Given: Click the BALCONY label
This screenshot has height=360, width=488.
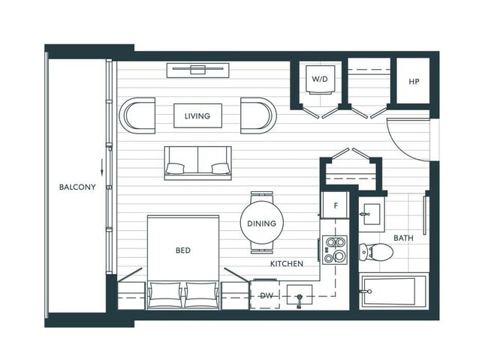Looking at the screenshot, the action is pyautogui.click(x=77, y=187).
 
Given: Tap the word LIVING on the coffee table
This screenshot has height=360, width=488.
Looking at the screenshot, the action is pyautogui.click(x=197, y=116).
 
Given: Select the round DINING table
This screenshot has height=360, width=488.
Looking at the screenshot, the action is pyautogui.click(x=262, y=223).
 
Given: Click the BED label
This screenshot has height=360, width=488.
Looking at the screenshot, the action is pyautogui.click(x=183, y=250).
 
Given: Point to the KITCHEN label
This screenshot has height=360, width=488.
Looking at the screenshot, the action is pyautogui.click(x=287, y=264).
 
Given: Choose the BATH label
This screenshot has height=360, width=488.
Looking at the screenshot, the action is pyautogui.click(x=404, y=238).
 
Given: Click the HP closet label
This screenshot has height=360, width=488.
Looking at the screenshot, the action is pyautogui.click(x=414, y=82).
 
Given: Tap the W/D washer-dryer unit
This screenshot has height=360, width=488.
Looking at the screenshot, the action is pyautogui.click(x=321, y=79).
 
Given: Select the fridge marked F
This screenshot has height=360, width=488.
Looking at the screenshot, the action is pyautogui.click(x=336, y=205).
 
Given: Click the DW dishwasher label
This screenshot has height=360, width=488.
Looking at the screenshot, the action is pyautogui.click(x=267, y=295).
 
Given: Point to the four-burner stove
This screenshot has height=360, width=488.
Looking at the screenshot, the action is pyautogui.click(x=335, y=250).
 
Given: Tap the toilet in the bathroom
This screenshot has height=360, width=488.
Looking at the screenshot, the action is pyautogui.click(x=375, y=252).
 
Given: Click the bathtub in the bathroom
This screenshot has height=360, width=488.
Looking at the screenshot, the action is pyautogui.click(x=393, y=292).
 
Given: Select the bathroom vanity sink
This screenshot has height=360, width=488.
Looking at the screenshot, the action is pyautogui.click(x=372, y=214).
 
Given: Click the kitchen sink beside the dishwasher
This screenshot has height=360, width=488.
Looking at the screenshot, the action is pyautogui.click(x=299, y=295).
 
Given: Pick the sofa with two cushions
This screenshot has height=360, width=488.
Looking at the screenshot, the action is pyautogui.click(x=198, y=163).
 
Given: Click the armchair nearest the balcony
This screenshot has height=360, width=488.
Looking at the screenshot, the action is pyautogui.click(x=137, y=115).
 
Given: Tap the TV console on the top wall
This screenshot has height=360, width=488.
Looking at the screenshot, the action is pyautogui.click(x=198, y=70).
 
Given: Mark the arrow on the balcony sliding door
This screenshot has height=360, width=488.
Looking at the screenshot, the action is pyautogui.click(x=101, y=168).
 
